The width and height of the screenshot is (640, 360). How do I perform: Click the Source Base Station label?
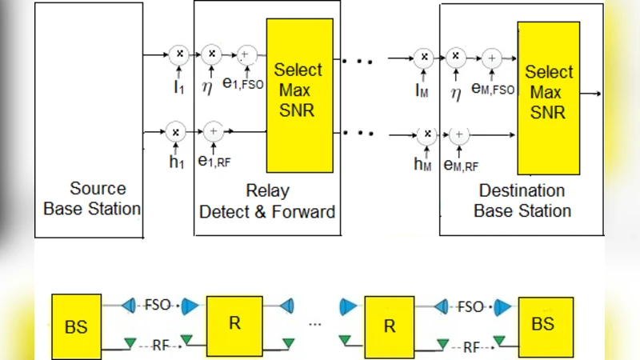point(92,199)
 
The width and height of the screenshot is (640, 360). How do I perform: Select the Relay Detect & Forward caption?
point(266,202)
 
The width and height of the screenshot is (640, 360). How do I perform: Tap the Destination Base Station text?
point(522,201)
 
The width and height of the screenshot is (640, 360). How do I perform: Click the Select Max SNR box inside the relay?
point(299,95)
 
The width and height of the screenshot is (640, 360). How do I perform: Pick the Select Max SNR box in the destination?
point(549,98)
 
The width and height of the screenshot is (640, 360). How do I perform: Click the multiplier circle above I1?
point(180,54)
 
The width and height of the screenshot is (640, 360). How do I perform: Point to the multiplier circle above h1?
point(176,130)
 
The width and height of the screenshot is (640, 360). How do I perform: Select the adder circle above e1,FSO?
point(246,55)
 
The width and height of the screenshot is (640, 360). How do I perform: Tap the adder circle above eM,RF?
point(458,134)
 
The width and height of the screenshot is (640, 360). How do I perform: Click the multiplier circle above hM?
point(427,134)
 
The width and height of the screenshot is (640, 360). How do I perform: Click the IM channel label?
point(422,90)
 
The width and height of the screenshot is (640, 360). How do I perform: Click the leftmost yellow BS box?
point(77,326)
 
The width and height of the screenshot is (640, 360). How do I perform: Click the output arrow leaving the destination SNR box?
point(593,94)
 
